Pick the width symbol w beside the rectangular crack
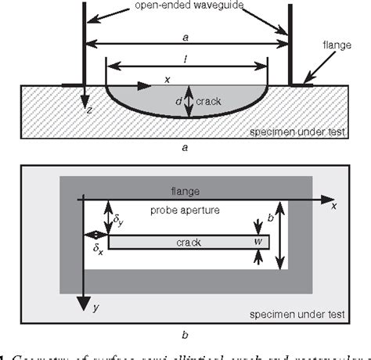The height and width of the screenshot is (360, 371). click(x=258, y=243)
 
